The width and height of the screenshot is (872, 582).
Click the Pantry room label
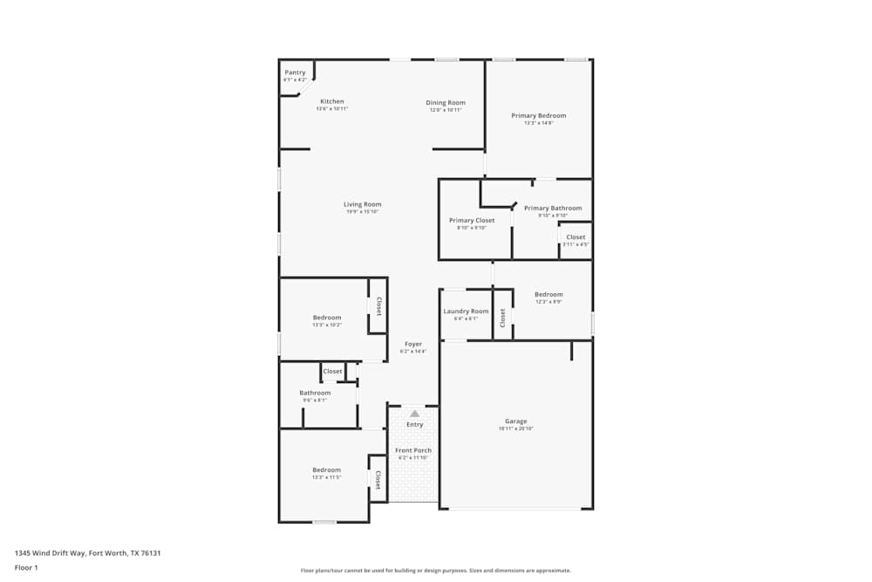295,72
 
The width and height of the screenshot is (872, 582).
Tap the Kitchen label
331,101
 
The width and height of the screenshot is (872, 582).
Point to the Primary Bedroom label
538,115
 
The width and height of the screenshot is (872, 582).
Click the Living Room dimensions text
362,212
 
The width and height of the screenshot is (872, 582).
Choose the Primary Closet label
472,220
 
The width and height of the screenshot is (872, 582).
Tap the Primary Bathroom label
552,208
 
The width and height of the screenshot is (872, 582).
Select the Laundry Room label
466,311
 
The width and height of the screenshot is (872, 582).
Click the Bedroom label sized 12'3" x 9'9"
548,294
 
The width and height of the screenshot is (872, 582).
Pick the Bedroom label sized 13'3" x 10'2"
327,317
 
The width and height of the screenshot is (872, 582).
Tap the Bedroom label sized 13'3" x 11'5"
327,469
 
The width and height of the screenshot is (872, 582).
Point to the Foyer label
412,344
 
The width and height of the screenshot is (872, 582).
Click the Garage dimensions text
515,429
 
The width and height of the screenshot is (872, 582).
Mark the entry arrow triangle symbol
414,413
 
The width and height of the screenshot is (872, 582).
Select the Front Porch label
413,450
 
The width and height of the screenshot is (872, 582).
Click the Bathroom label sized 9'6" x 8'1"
315,393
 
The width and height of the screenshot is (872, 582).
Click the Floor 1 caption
26,567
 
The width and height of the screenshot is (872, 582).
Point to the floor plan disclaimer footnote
435,571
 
